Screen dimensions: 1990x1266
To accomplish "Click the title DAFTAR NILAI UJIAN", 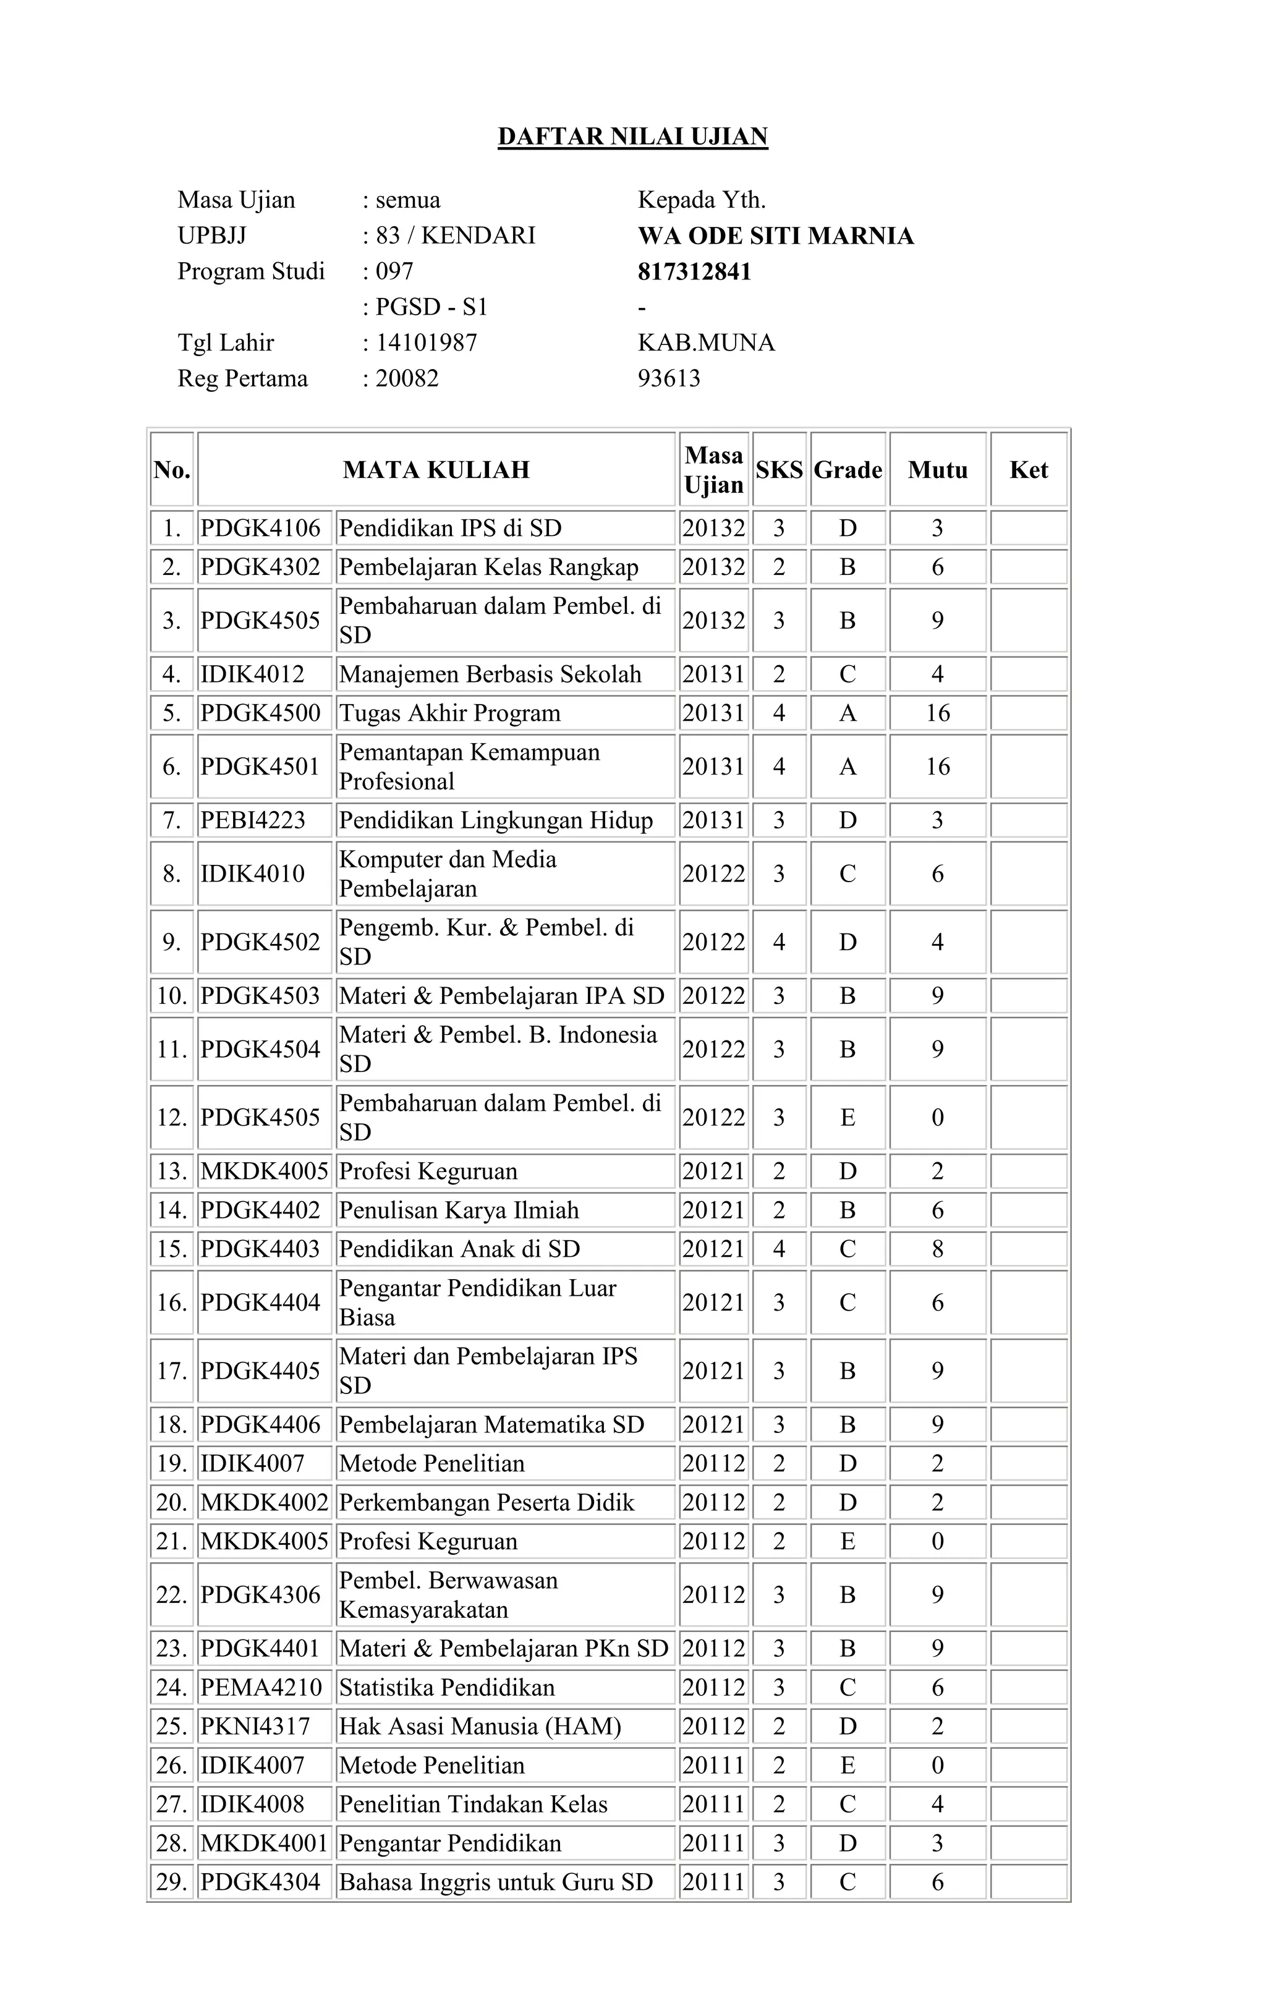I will [632, 137].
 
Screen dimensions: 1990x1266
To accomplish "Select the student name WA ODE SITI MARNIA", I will [775, 236].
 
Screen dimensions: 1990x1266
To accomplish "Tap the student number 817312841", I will [694, 272].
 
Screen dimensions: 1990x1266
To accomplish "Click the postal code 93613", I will [668, 378].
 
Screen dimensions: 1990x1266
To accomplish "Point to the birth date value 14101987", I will [427, 343].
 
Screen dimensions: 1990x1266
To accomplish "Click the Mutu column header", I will [937, 470].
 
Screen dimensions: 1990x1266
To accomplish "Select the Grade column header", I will [848, 470].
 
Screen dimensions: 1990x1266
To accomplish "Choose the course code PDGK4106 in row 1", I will [260, 528].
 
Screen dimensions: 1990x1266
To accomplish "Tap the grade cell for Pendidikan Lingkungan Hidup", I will [848, 820].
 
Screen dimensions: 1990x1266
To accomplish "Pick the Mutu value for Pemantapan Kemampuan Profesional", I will [937, 767].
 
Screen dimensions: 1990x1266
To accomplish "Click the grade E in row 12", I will [848, 1118].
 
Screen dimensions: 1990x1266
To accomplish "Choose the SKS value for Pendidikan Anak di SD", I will [778, 1249].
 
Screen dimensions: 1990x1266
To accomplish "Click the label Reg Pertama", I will [242, 378].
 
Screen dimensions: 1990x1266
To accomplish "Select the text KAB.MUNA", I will [706, 343].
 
